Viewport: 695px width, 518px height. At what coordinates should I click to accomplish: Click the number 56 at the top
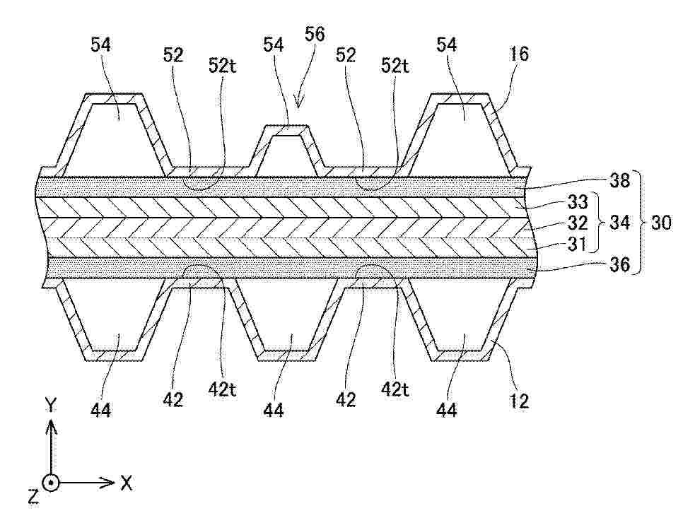coord(315,34)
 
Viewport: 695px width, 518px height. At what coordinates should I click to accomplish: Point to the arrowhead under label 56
coord(299,102)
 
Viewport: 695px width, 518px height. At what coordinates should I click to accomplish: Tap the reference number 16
coord(519,54)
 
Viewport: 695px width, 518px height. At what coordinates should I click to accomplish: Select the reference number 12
coord(519,401)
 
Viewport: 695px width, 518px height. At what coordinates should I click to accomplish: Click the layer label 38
coord(619,181)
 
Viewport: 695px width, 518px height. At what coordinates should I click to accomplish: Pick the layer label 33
coord(578,202)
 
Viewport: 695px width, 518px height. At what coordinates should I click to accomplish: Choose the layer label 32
coord(578,223)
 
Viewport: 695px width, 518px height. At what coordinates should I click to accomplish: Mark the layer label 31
coord(577,244)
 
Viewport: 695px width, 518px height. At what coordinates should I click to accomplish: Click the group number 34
coord(619,222)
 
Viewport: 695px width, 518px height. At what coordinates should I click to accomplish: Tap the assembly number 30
coord(661,222)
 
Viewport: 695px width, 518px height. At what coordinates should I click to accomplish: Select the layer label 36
coord(619,264)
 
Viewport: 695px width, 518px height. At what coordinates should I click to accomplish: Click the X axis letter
coord(127,483)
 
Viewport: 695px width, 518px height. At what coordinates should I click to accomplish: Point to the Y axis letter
coord(52,404)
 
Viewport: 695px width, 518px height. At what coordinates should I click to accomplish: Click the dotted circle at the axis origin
coord(52,483)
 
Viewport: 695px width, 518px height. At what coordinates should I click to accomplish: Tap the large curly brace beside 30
coord(641,222)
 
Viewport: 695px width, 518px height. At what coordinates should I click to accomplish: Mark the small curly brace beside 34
coord(599,222)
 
